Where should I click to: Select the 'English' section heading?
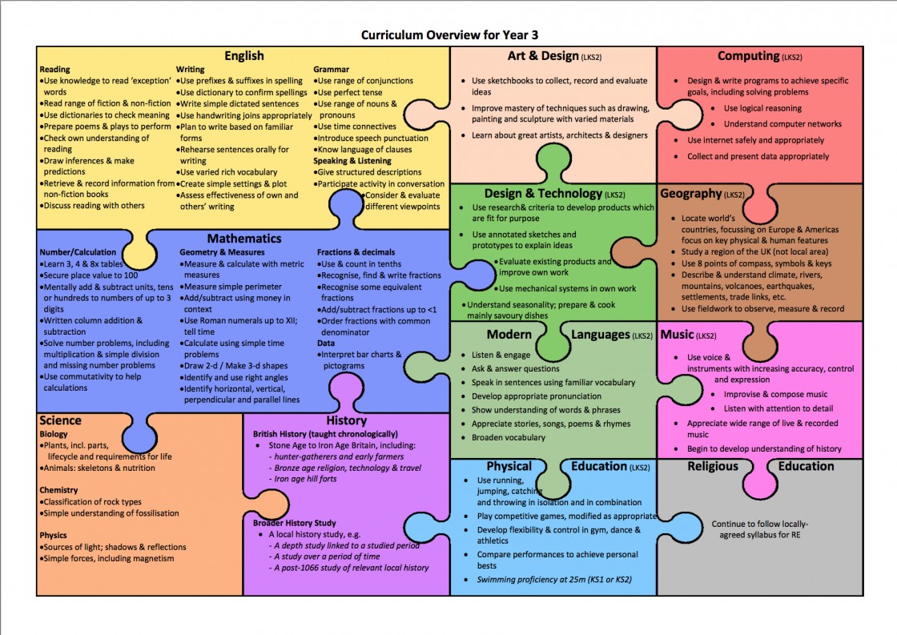click(x=243, y=56)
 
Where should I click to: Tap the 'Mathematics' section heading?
click(x=244, y=239)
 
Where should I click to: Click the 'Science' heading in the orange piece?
click(x=61, y=420)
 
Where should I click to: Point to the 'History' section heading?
click(x=346, y=420)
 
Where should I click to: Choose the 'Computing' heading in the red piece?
click(x=749, y=56)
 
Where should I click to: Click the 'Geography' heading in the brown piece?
click(x=690, y=194)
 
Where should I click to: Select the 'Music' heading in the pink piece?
click(x=677, y=335)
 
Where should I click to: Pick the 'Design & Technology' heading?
click(x=543, y=194)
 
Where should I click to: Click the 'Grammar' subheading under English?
click(x=331, y=70)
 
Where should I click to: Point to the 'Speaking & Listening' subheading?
click(x=352, y=161)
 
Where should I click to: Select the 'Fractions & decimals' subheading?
click(x=356, y=252)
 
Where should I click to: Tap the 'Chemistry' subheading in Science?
click(x=58, y=490)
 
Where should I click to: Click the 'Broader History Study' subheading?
click(x=295, y=523)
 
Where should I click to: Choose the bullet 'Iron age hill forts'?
click(x=305, y=479)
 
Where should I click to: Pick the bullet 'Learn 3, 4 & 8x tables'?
click(x=83, y=264)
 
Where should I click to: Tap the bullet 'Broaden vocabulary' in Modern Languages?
click(x=509, y=438)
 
